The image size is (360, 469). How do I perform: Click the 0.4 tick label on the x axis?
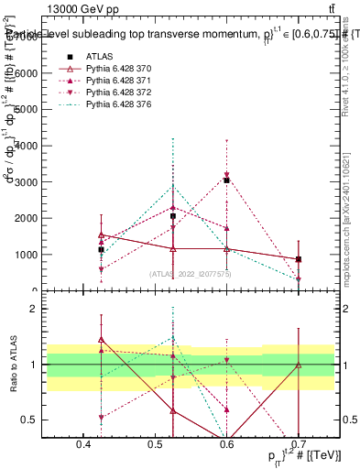coord(84,445)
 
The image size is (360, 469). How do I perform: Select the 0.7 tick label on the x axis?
coord(298,445)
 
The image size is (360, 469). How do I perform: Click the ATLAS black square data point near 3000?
coord(226,180)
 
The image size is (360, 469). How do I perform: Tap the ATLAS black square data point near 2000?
coord(173,216)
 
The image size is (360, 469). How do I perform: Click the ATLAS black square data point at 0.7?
coord(299,259)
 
